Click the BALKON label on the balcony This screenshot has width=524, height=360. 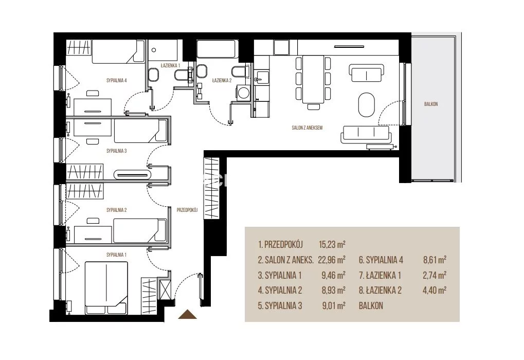[431, 104]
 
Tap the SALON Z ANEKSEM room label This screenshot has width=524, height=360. [307, 128]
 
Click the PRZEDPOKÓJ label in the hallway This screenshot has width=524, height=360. [187, 210]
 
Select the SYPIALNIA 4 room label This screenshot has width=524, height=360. [117, 81]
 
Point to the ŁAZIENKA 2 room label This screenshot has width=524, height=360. [222, 81]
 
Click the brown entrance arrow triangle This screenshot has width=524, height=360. [188, 315]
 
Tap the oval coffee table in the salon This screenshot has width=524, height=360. [367, 104]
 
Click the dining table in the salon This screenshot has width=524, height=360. [313, 79]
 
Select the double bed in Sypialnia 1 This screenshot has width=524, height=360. [106, 288]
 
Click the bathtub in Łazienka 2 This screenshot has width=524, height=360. [217, 49]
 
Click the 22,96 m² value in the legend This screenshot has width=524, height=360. [332, 260]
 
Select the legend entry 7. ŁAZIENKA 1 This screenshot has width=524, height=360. [380, 276]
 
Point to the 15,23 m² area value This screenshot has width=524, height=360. [332, 244]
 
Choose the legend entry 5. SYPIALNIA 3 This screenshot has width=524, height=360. [280, 306]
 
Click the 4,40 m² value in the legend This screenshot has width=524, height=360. [435, 290]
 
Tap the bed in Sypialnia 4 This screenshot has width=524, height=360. [118, 51]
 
